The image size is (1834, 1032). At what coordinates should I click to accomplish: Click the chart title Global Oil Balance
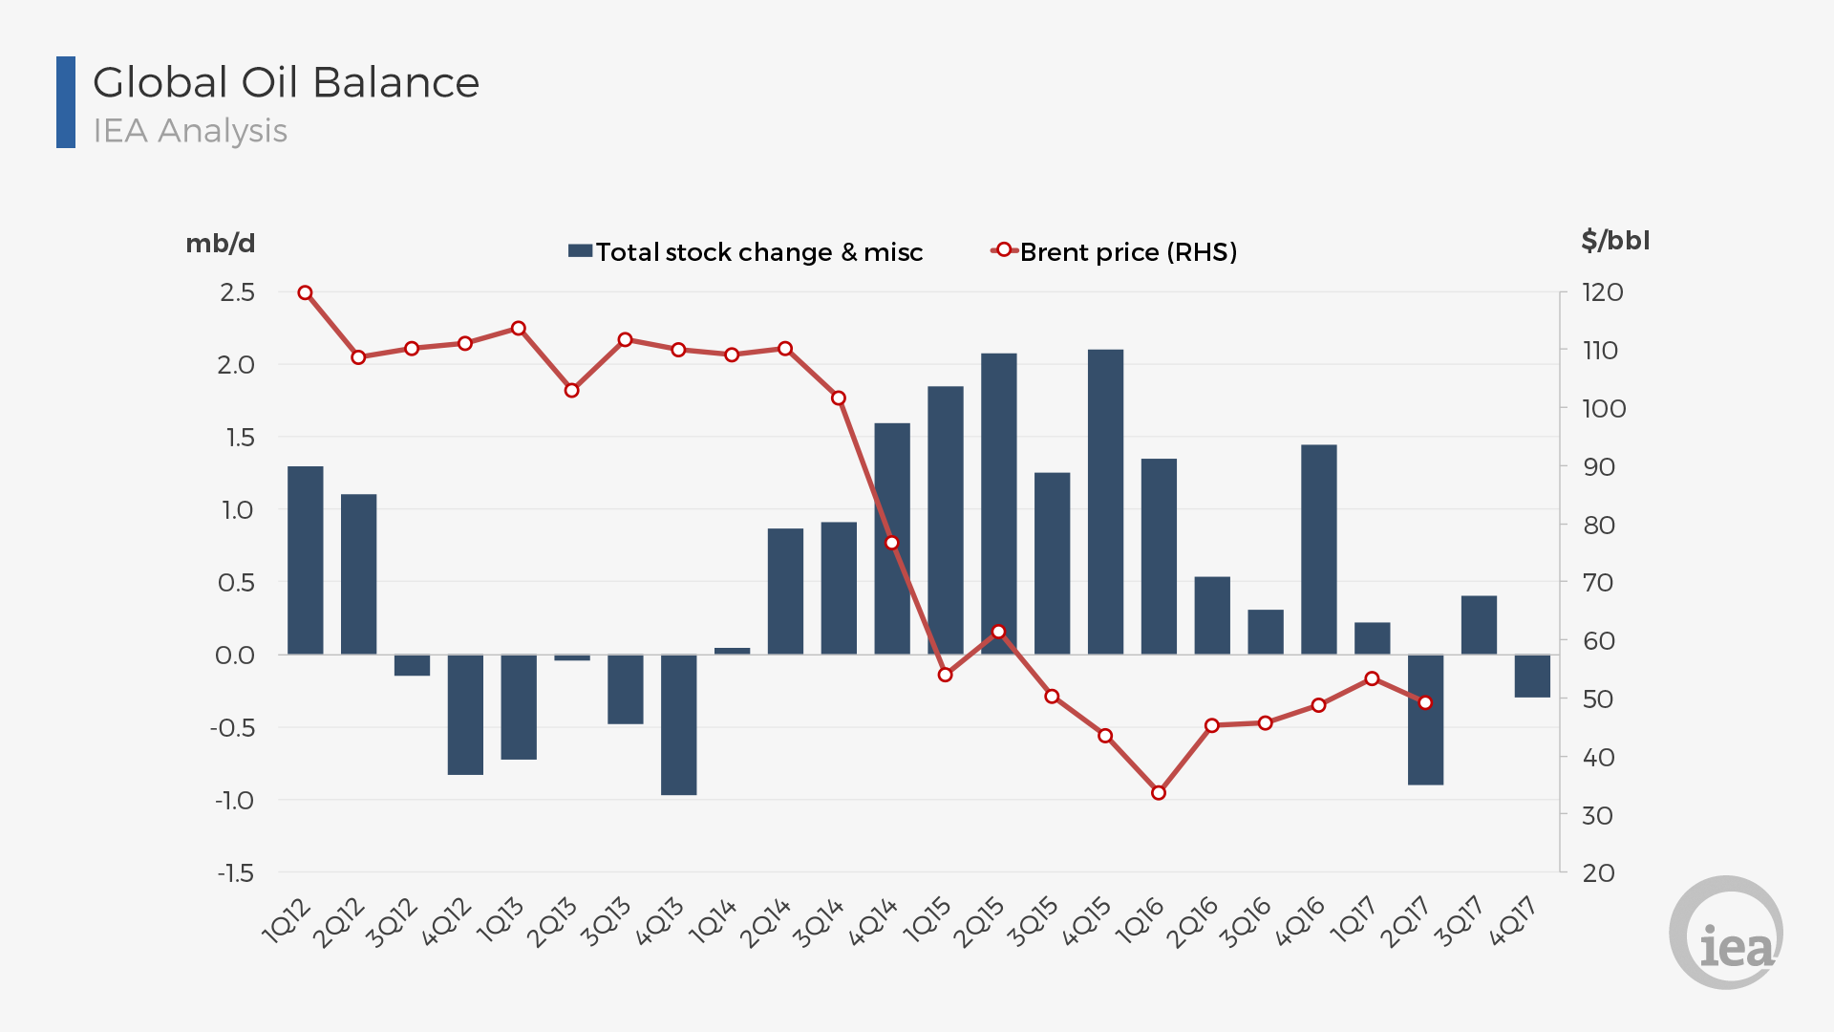(x=286, y=83)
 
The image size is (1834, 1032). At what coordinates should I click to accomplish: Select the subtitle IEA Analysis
(x=190, y=131)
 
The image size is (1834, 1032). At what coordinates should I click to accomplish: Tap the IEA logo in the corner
(x=1726, y=933)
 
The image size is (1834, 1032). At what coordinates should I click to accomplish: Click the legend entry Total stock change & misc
(x=745, y=252)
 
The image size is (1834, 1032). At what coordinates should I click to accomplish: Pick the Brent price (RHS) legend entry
(x=1114, y=252)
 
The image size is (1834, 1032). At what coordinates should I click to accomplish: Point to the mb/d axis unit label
(x=221, y=244)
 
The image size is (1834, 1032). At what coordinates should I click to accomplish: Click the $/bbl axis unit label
(x=1615, y=241)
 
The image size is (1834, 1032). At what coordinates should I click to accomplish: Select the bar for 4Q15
(x=1105, y=502)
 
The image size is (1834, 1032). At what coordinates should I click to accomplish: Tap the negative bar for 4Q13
(x=679, y=724)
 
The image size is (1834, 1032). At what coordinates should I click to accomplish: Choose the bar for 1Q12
(x=306, y=560)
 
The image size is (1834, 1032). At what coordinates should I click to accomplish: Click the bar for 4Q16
(x=1319, y=549)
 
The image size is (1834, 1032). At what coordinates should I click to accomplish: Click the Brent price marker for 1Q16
(x=1159, y=793)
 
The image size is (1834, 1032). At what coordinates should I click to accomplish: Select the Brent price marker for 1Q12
(x=306, y=293)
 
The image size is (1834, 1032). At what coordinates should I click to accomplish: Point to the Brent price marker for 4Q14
(x=892, y=543)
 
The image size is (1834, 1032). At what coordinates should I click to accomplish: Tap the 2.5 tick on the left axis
(x=237, y=292)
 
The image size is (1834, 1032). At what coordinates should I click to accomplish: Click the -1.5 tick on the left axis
(x=235, y=873)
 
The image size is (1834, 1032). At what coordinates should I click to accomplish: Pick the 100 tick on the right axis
(x=1603, y=409)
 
